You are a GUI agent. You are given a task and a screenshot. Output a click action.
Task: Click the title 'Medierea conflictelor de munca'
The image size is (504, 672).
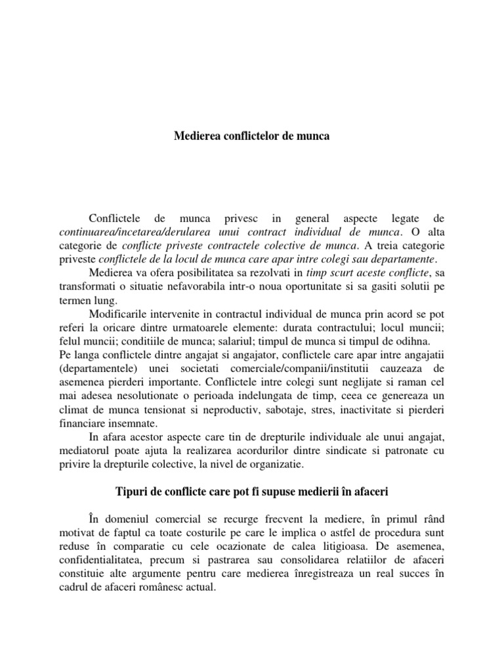coord(251,136)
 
